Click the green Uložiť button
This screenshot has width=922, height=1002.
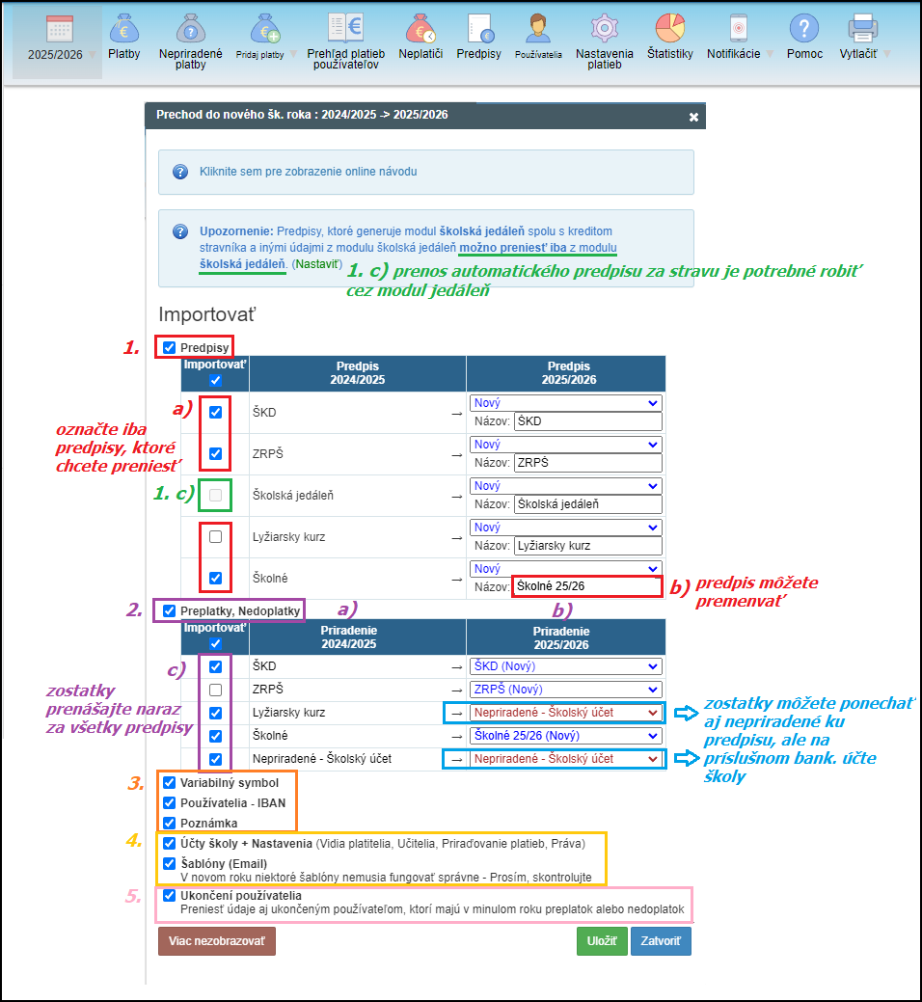602,941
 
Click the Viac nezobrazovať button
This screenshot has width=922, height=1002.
217,941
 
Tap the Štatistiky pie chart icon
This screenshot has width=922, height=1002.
669,29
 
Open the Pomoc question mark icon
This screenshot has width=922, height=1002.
803,29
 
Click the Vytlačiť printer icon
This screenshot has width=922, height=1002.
862,29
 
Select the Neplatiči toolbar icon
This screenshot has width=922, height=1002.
420,29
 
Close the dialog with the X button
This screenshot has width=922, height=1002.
692,117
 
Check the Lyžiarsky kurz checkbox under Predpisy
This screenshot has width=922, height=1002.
215,537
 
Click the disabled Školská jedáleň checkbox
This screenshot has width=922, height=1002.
215,496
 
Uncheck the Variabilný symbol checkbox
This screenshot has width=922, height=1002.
170,783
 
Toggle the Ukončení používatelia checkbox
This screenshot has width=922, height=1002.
170,895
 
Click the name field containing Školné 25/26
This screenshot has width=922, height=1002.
587,585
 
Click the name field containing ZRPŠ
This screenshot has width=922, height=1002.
587,462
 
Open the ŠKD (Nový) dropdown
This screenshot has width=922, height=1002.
566,666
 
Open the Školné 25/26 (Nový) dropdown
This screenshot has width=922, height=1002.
566,736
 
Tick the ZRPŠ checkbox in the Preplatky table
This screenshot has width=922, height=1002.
215,690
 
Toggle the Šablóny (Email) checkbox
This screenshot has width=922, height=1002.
170,863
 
